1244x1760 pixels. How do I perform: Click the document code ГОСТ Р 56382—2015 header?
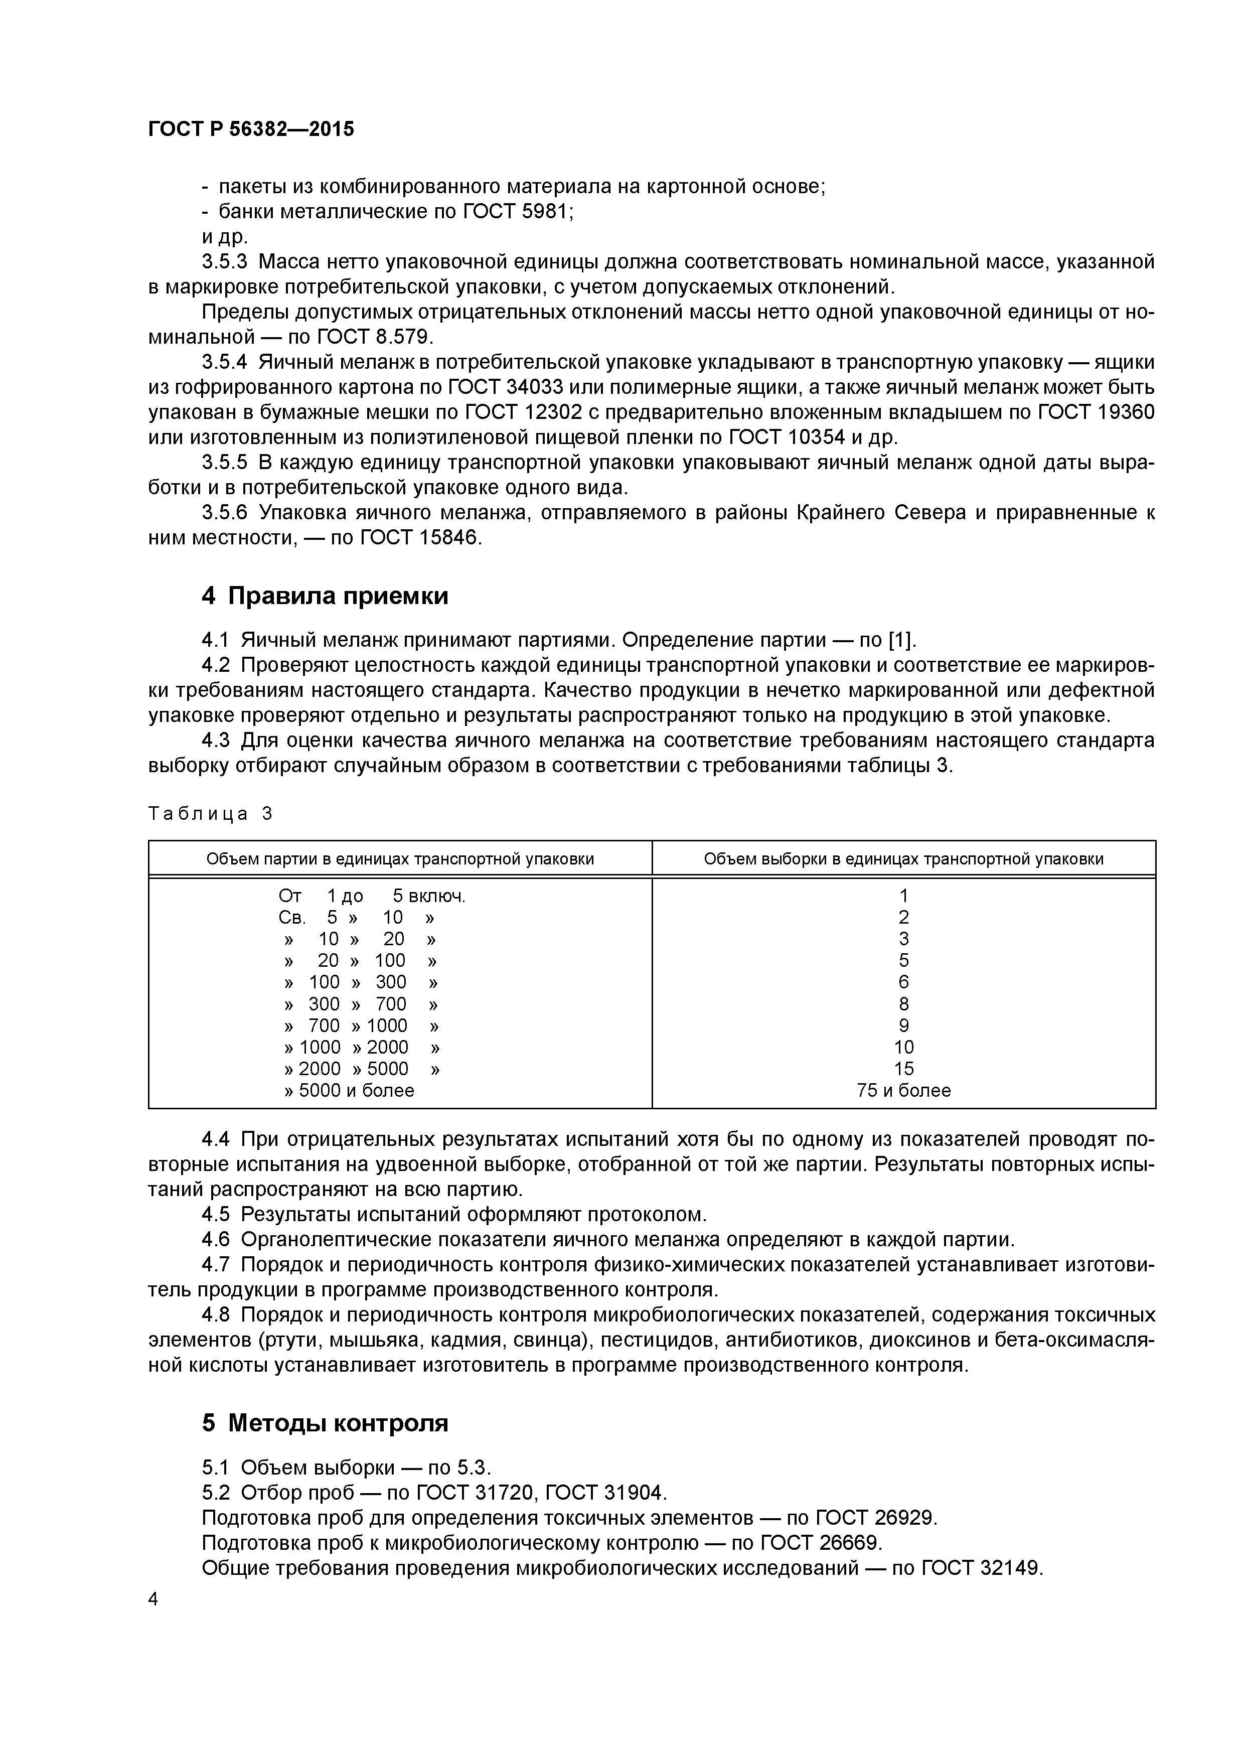(x=251, y=129)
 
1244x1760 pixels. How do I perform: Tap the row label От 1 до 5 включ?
(x=372, y=896)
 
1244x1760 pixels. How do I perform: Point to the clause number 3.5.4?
(x=225, y=362)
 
